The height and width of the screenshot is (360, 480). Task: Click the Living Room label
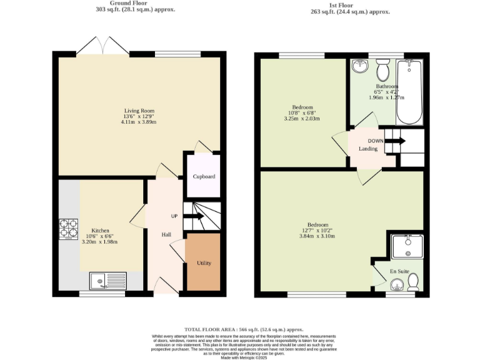pyautogui.click(x=138, y=111)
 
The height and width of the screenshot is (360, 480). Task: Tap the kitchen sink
pyautogui.click(x=107, y=281)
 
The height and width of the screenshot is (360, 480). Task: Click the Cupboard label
pyautogui.click(x=203, y=177)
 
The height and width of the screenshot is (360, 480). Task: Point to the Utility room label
pyautogui.click(x=204, y=263)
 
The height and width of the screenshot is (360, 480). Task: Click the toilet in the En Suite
pyautogui.click(x=412, y=284)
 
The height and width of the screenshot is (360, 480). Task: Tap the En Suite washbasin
pyautogui.click(x=395, y=285)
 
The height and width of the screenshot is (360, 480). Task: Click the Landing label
pyautogui.click(x=367, y=149)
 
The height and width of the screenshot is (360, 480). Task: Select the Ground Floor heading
pyautogui.click(x=139, y=3)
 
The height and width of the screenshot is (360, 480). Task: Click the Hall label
pyautogui.click(x=167, y=234)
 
